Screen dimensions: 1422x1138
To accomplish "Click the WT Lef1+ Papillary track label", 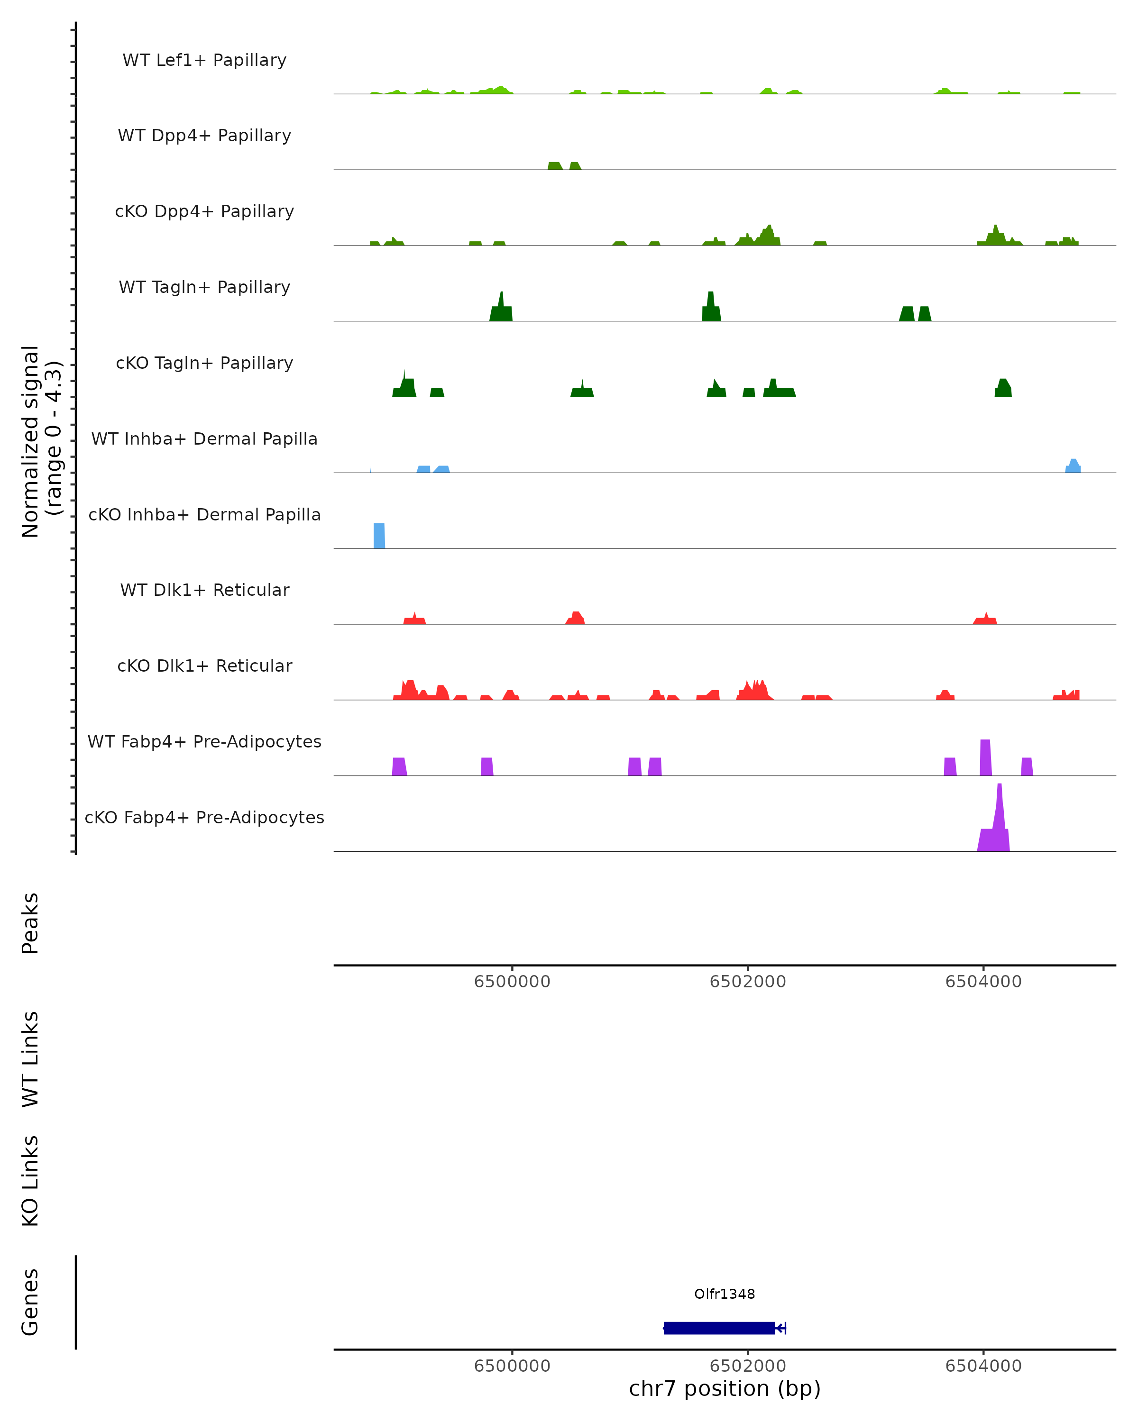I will (x=204, y=60).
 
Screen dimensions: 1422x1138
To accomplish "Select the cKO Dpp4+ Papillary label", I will (x=204, y=212).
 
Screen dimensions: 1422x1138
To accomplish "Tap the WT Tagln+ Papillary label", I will (x=204, y=288).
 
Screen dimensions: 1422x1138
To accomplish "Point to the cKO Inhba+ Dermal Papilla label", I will (x=204, y=515).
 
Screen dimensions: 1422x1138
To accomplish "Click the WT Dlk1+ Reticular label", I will (x=204, y=590).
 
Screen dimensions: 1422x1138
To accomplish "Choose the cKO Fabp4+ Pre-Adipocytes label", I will (x=204, y=818).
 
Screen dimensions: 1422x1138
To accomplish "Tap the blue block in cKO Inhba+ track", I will (x=379, y=536).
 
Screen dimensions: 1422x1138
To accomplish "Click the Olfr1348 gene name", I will (x=725, y=1294).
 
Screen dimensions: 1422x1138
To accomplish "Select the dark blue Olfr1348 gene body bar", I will (x=719, y=1328).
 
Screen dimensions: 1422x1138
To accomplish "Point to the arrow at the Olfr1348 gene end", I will (x=780, y=1328).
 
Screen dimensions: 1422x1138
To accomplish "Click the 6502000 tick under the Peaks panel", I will (x=747, y=982).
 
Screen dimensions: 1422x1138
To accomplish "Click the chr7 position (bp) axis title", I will (x=725, y=1389).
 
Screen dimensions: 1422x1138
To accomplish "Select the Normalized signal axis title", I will (x=41, y=441).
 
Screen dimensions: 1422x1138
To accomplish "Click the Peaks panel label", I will (x=30, y=923).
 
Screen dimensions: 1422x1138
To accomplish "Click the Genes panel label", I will (x=30, y=1303).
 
